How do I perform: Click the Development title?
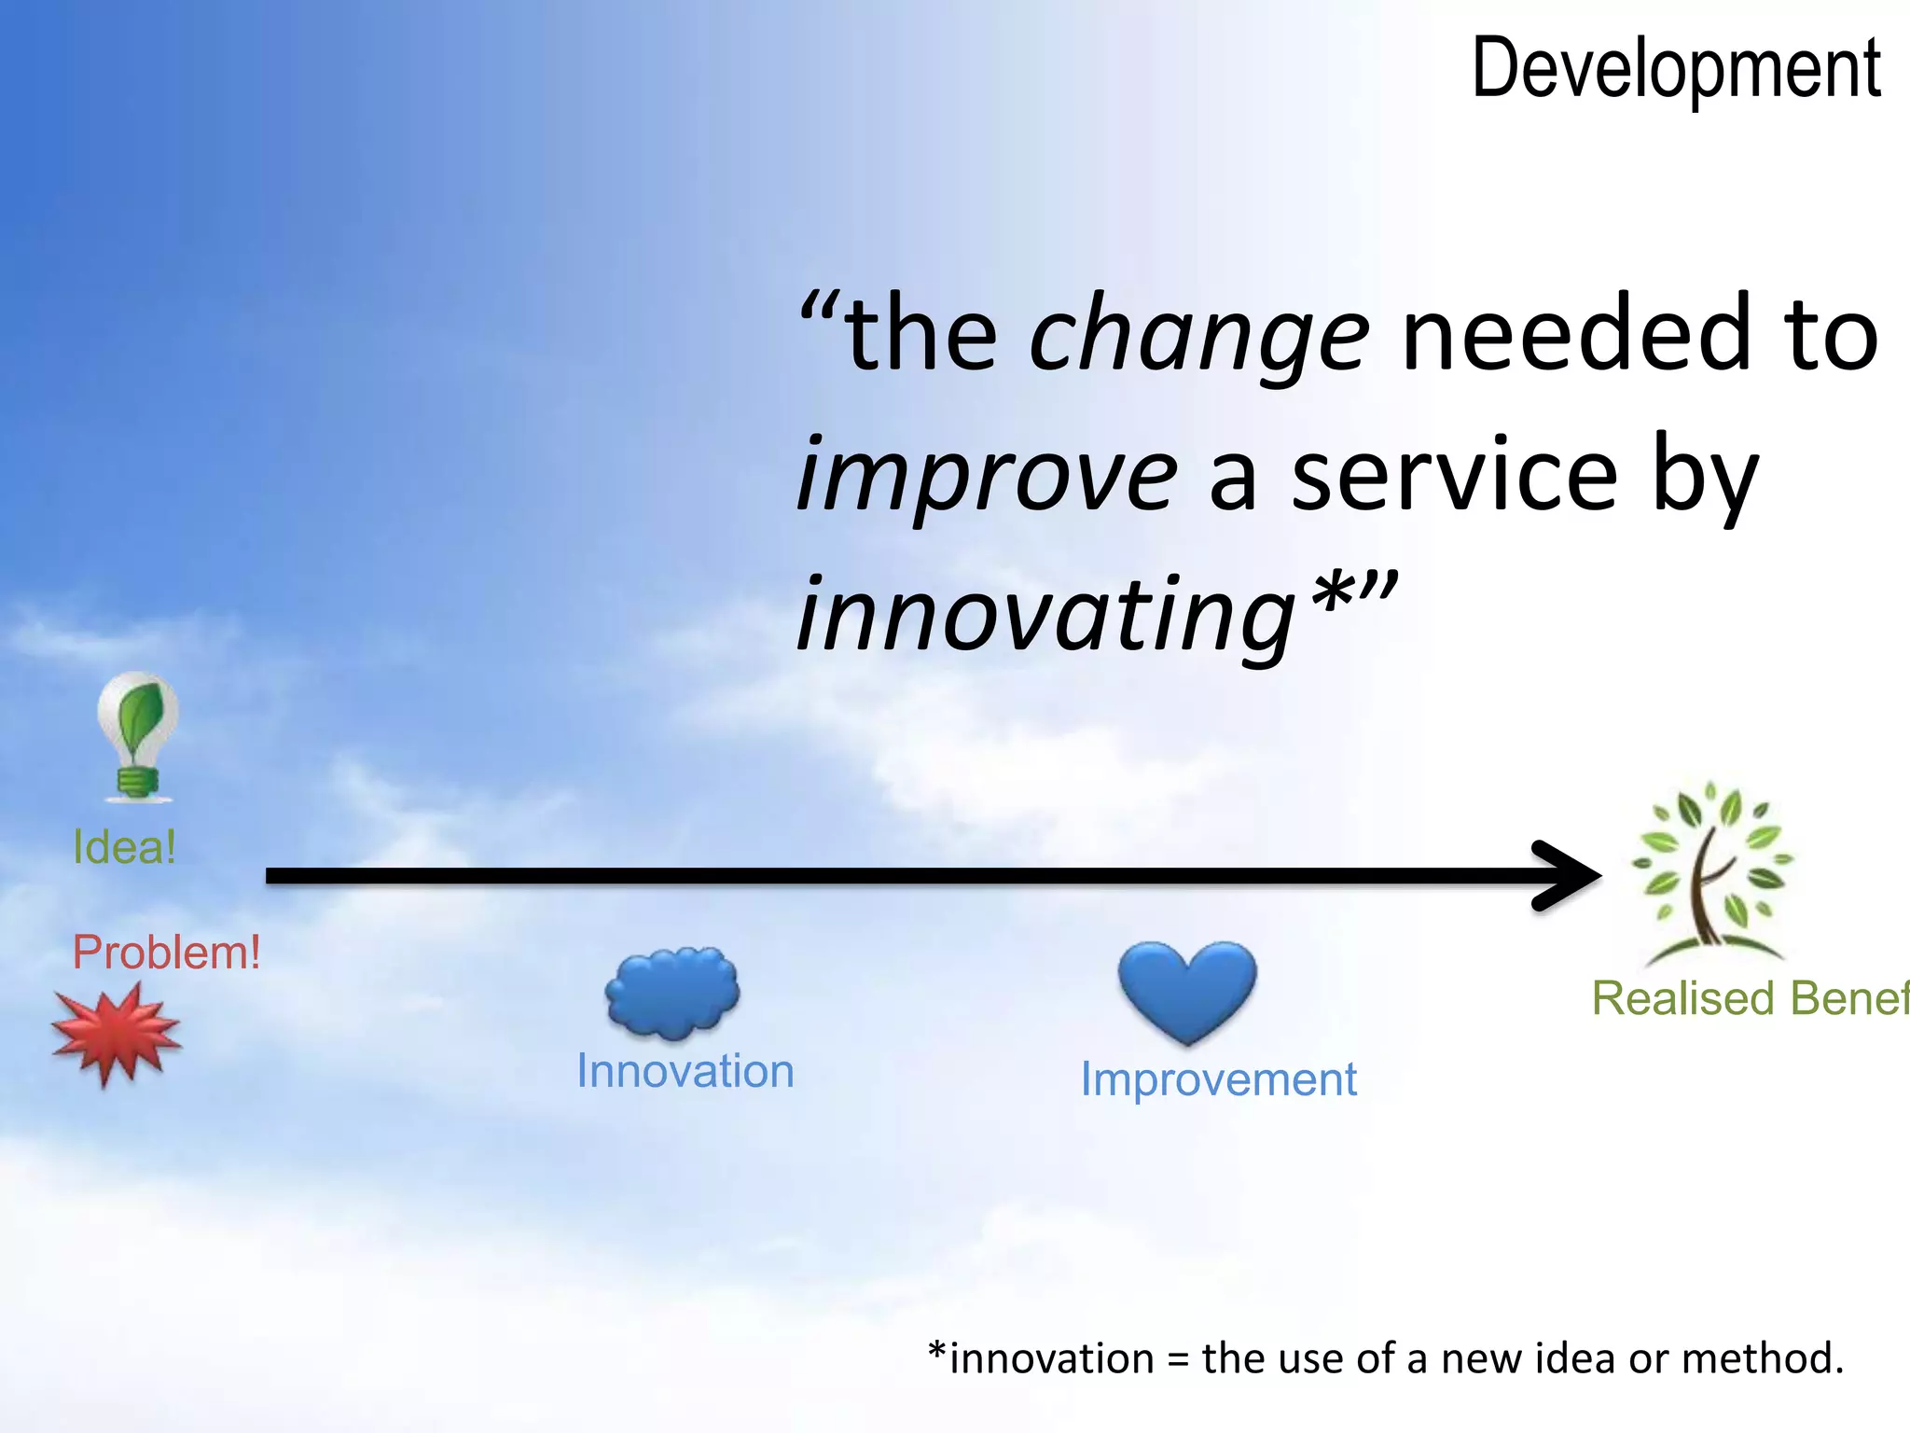(1676, 69)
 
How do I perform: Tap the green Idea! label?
(124, 847)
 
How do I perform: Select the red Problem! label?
(166, 953)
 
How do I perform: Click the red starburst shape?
(115, 1034)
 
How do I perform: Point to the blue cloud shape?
(671, 993)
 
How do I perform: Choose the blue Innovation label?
(685, 1071)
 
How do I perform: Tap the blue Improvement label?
(1218, 1079)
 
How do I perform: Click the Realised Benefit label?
(1749, 998)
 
